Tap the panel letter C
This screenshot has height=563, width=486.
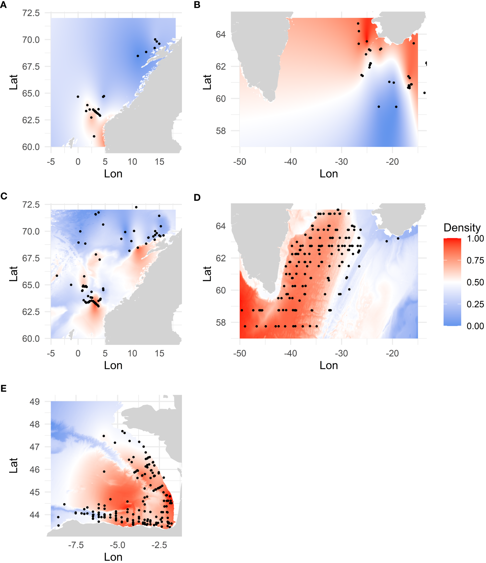pyautogui.click(x=4, y=196)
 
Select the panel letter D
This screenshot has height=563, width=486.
pyautogui.click(x=197, y=197)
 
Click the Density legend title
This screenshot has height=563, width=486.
pyautogui.click(x=462, y=228)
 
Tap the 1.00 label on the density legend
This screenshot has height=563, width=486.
pyautogui.click(x=475, y=239)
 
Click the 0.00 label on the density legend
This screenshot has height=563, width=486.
pyautogui.click(x=475, y=326)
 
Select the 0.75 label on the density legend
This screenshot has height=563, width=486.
pyautogui.click(x=475, y=261)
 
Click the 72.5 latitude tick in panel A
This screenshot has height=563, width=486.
pyautogui.click(x=31, y=13)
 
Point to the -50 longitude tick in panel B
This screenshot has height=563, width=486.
pyautogui.click(x=239, y=162)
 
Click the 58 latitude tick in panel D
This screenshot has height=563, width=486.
pyautogui.click(x=221, y=322)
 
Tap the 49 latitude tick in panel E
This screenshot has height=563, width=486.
pyautogui.click(x=35, y=402)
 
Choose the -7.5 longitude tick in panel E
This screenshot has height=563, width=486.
pyautogui.click(x=76, y=545)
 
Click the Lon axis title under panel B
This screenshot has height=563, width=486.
pyautogui.click(x=328, y=174)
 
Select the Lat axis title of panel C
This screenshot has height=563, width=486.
pyautogui.click(x=13, y=274)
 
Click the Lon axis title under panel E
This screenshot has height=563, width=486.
pyautogui.click(x=113, y=557)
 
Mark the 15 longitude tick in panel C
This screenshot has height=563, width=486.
pyautogui.click(x=159, y=353)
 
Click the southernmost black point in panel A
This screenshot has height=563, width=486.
pyautogui.click(x=94, y=136)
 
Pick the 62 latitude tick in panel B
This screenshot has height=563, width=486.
pyautogui.click(x=221, y=66)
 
